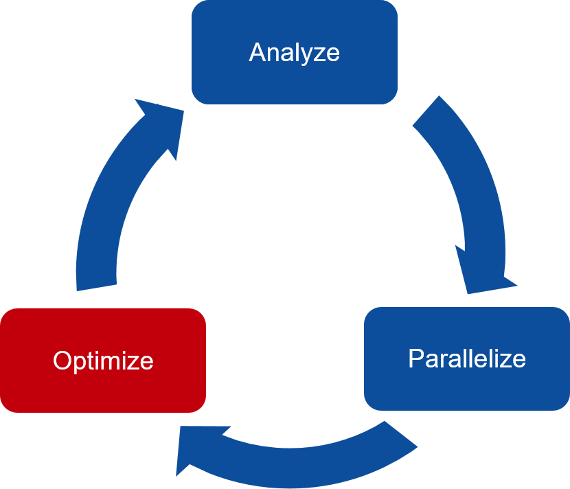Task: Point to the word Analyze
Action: coord(294,53)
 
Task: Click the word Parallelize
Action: coord(467,358)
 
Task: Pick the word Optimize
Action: coord(103,361)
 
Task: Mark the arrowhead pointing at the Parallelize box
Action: coord(483,275)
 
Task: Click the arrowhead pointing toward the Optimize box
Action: coord(196,450)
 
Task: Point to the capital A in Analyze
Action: coord(257,53)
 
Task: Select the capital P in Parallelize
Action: coord(415,358)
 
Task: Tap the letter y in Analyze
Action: coord(311,55)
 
